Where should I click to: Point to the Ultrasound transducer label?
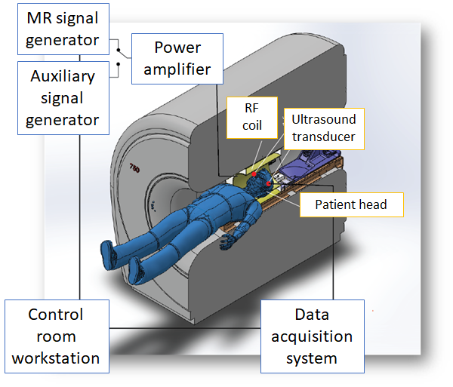coord(324,128)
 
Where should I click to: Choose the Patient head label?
coord(350,204)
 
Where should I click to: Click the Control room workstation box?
coord(56,336)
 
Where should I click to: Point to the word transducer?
coord(325,137)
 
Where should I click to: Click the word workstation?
coord(56,358)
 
